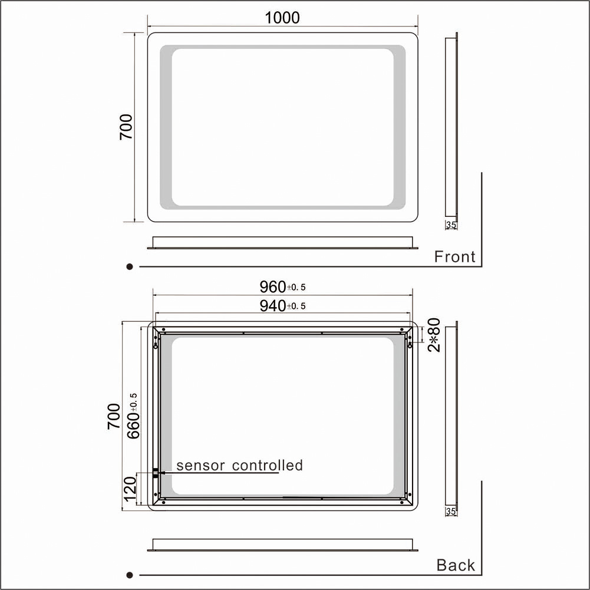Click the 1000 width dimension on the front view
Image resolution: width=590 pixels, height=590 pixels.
(282, 18)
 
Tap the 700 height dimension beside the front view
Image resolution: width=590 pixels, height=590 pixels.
(126, 127)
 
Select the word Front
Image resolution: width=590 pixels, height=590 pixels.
(454, 256)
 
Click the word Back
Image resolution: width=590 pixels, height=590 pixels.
(456, 565)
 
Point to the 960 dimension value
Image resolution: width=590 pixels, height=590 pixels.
(273, 287)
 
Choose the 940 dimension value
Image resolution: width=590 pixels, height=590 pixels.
(273, 306)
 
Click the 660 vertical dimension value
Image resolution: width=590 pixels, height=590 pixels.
(133, 426)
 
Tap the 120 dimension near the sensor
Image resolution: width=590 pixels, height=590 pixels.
(130, 489)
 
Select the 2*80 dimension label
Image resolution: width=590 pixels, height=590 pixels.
(434, 335)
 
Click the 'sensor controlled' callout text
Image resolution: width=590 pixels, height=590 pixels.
(239, 466)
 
